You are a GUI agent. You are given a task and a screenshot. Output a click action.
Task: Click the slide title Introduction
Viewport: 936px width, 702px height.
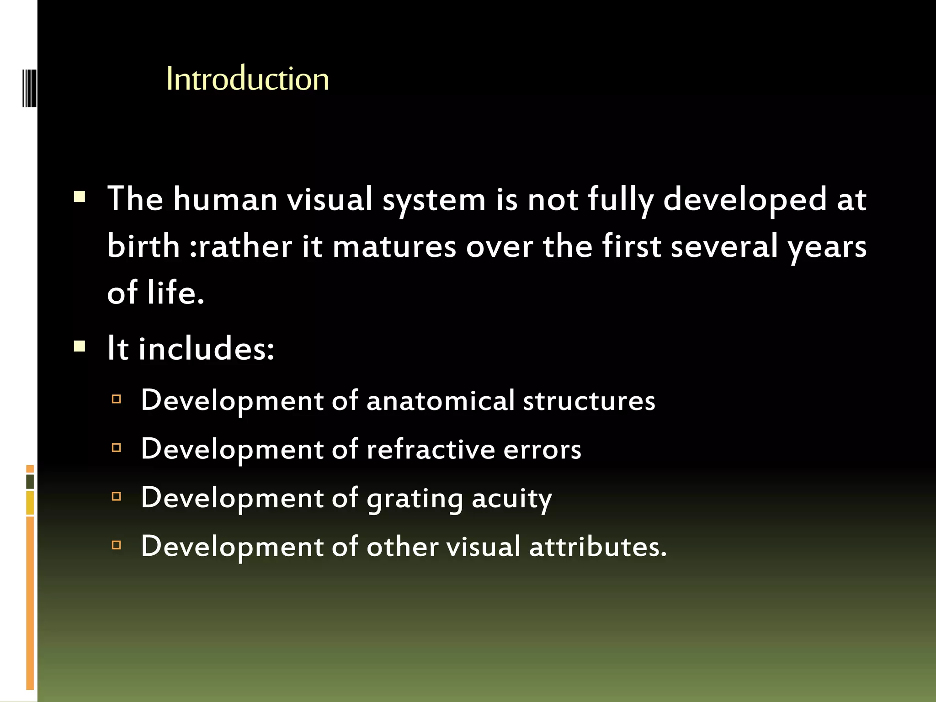[247, 79]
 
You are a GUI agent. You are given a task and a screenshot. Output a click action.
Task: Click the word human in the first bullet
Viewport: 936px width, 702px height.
[225, 200]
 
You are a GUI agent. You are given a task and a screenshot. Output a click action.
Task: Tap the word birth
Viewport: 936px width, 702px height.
[144, 246]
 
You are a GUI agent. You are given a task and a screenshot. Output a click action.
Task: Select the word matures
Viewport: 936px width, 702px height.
[394, 247]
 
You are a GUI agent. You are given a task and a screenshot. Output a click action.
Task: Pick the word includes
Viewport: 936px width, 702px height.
[206, 349]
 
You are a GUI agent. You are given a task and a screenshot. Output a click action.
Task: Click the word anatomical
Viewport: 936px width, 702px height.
[441, 401]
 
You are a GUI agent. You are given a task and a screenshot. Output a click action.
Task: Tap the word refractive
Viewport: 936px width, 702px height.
[431, 449]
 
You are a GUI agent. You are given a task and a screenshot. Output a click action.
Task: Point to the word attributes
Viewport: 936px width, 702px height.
[597, 547]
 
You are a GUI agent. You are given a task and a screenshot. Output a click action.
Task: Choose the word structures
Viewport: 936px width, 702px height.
[589, 401]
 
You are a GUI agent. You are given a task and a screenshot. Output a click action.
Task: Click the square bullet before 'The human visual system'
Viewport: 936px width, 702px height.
[80, 197]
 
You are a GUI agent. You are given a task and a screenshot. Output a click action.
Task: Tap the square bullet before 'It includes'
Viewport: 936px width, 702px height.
[80, 346]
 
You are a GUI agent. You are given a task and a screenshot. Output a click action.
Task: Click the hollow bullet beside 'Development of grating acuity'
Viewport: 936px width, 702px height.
[117, 496]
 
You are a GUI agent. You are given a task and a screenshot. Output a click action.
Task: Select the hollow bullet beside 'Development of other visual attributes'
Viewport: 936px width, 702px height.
[117, 545]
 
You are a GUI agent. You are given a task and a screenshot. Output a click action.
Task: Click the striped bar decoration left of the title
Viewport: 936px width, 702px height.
[29, 88]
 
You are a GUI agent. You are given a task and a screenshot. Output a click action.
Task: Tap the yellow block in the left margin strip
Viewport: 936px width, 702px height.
[30, 503]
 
